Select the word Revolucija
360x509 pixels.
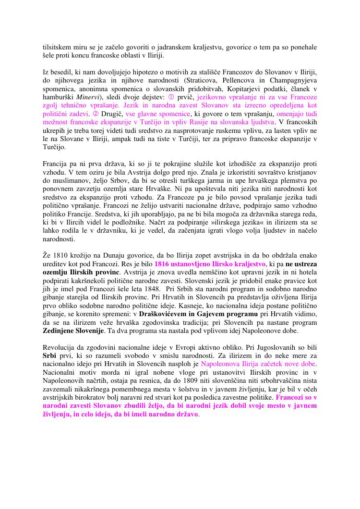click(x=59, y=347)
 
